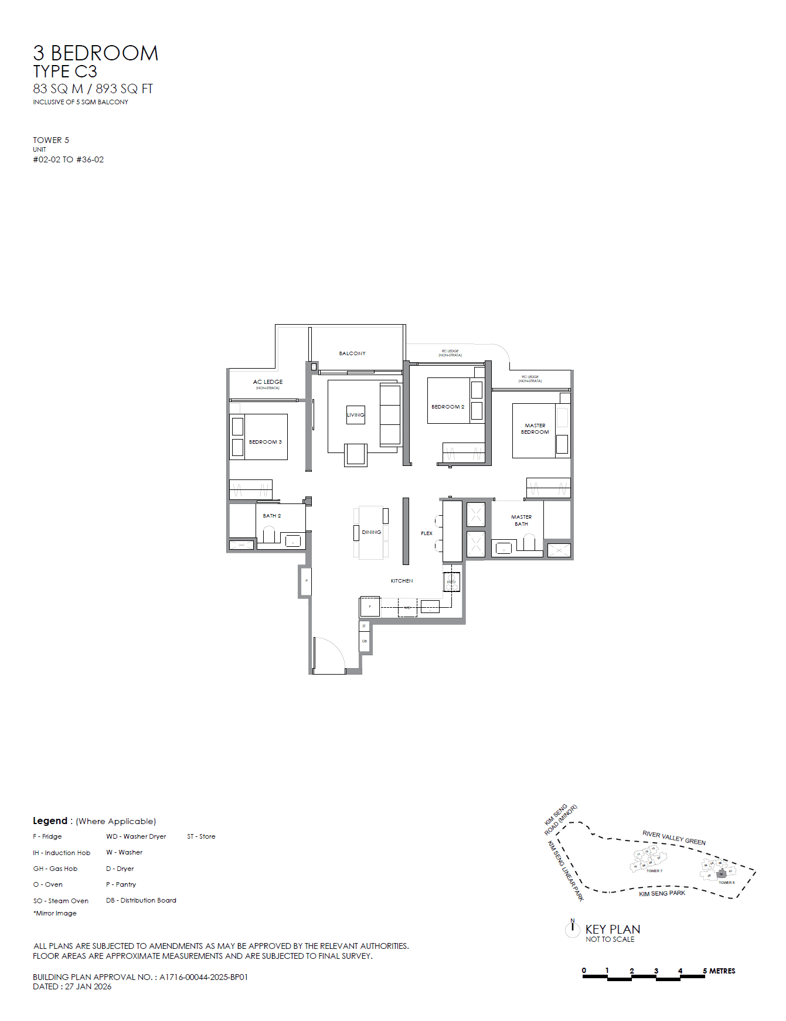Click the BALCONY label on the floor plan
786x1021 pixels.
pyautogui.click(x=352, y=353)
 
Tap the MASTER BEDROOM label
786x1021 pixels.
pyautogui.click(x=535, y=429)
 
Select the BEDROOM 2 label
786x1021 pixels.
pyautogui.click(x=448, y=407)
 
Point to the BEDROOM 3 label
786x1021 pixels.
pyautogui.click(x=265, y=442)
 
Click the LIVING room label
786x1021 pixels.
pyautogui.click(x=355, y=415)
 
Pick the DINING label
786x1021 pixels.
pyautogui.click(x=371, y=532)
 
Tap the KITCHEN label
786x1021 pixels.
pyautogui.click(x=401, y=581)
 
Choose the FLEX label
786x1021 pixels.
pyautogui.click(x=427, y=533)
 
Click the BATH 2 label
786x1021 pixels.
pyautogui.click(x=271, y=516)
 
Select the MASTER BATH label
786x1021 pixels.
pyautogui.click(x=521, y=520)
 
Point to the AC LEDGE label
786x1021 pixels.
pyautogui.click(x=268, y=382)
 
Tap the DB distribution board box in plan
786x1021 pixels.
pyautogui.click(x=364, y=641)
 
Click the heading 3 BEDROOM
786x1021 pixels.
pyautogui.click(x=96, y=53)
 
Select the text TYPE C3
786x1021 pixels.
pyautogui.click(x=65, y=72)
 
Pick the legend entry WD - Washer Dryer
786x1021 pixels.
pyautogui.click(x=136, y=836)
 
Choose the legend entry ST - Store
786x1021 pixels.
pyautogui.click(x=201, y=836)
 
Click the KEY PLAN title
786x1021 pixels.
pyautogui.click(x=613, y=930)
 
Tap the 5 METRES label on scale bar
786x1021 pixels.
pyautogui.click(x=719, y=971)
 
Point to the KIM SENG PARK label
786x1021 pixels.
pyautogui.click(x=662, y=893)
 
